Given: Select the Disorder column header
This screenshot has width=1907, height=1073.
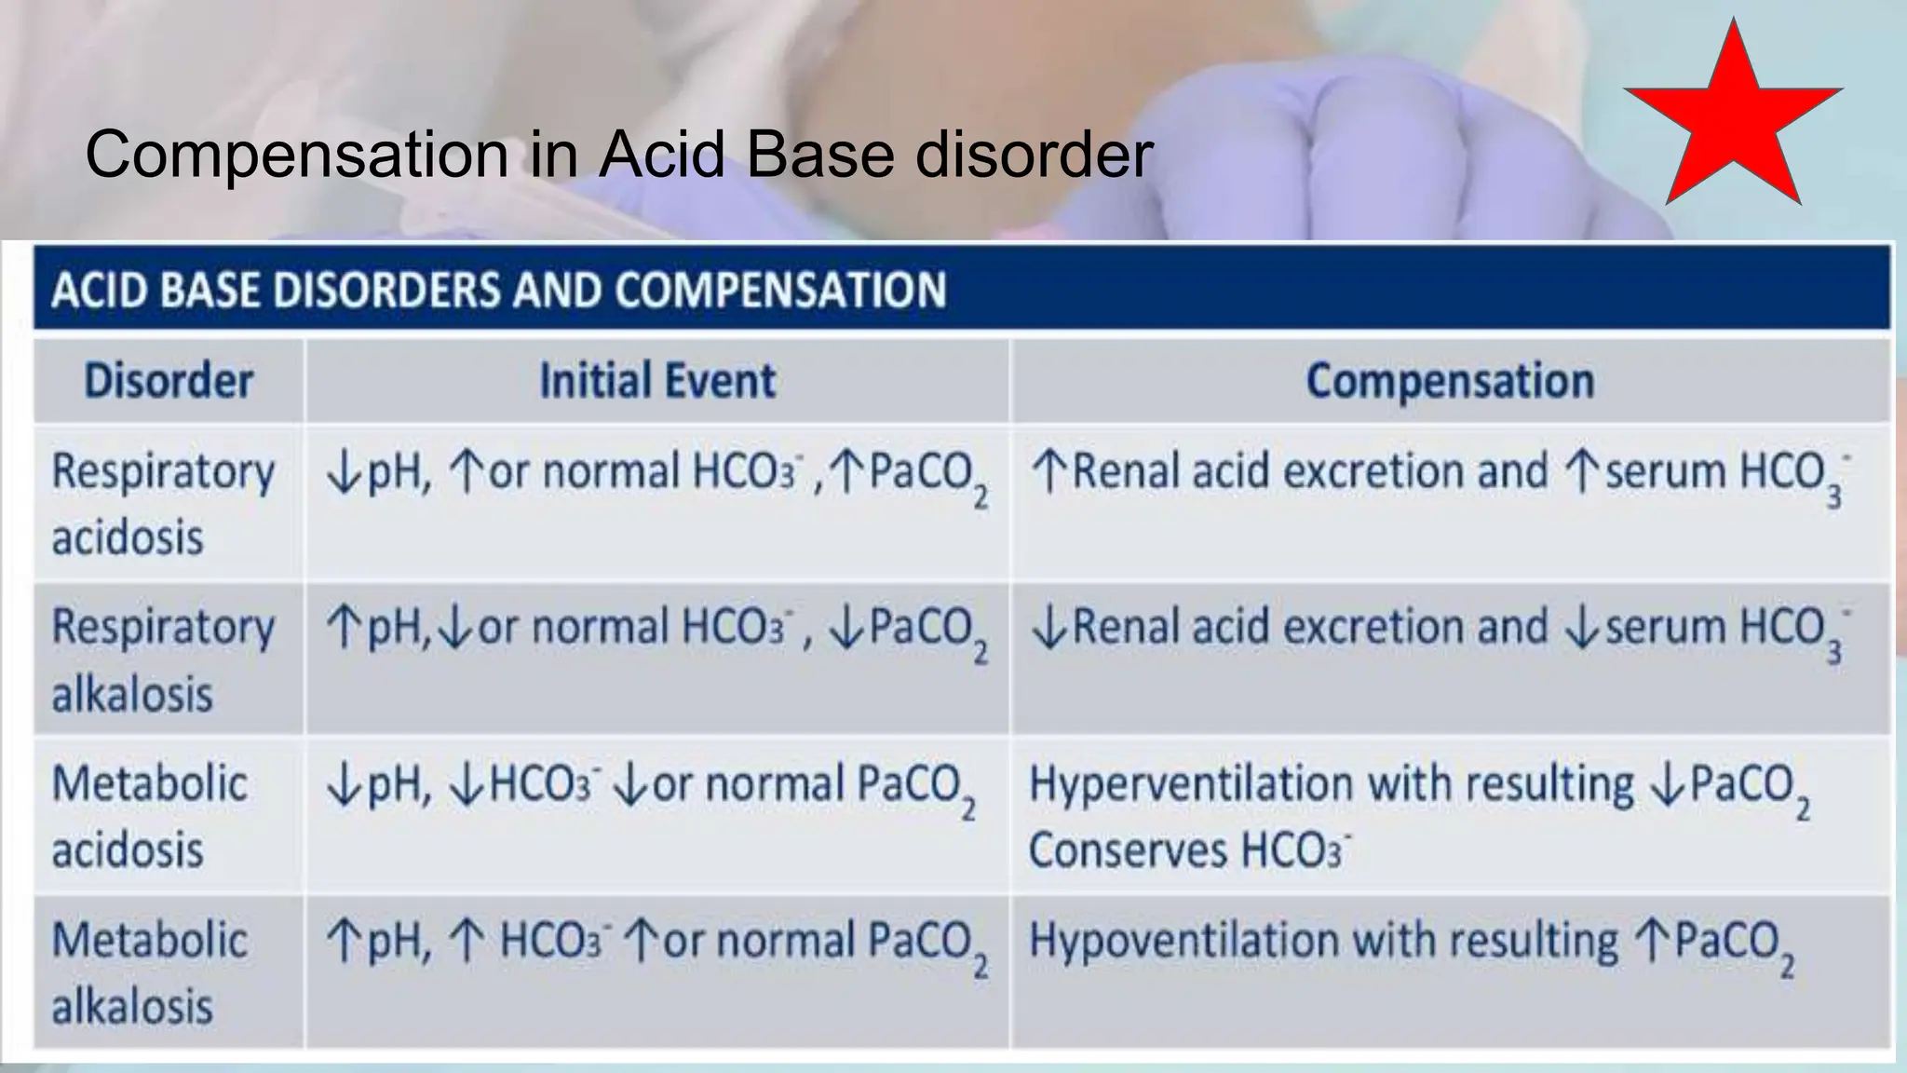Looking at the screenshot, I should point(169,381).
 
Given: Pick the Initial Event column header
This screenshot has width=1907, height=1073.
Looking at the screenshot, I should point(657,381).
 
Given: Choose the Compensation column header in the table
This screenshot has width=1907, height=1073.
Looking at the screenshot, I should point(1450,381).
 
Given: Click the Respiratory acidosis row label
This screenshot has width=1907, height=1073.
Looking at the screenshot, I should point(163,503).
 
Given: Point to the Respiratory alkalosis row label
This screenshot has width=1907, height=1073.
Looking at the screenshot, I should point(163,659).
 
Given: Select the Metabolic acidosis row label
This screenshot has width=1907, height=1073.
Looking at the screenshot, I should point(149,816).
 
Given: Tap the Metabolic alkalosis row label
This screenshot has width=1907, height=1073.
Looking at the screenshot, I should point(149,972).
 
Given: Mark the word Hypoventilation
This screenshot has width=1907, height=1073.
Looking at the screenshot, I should point(1182,941).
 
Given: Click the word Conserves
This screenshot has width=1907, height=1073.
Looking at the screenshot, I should point(1129,850).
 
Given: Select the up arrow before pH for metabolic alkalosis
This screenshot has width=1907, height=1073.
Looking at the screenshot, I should point(343,942).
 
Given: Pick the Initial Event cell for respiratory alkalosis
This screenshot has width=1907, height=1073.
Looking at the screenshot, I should point(656,630).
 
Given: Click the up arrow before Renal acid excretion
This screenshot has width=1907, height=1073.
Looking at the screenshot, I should point(1048,472).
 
